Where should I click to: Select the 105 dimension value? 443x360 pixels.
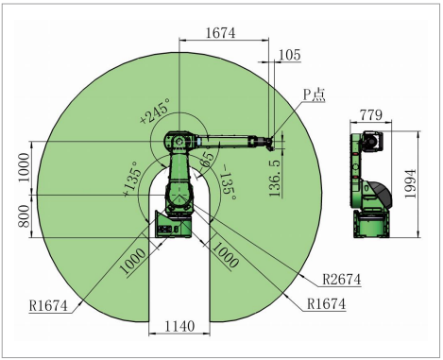289,56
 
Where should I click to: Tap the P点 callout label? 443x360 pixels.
314,94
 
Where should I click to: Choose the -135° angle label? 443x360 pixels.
226,180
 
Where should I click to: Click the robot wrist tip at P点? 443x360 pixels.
274,144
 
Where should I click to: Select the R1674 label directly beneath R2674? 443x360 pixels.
326,304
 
